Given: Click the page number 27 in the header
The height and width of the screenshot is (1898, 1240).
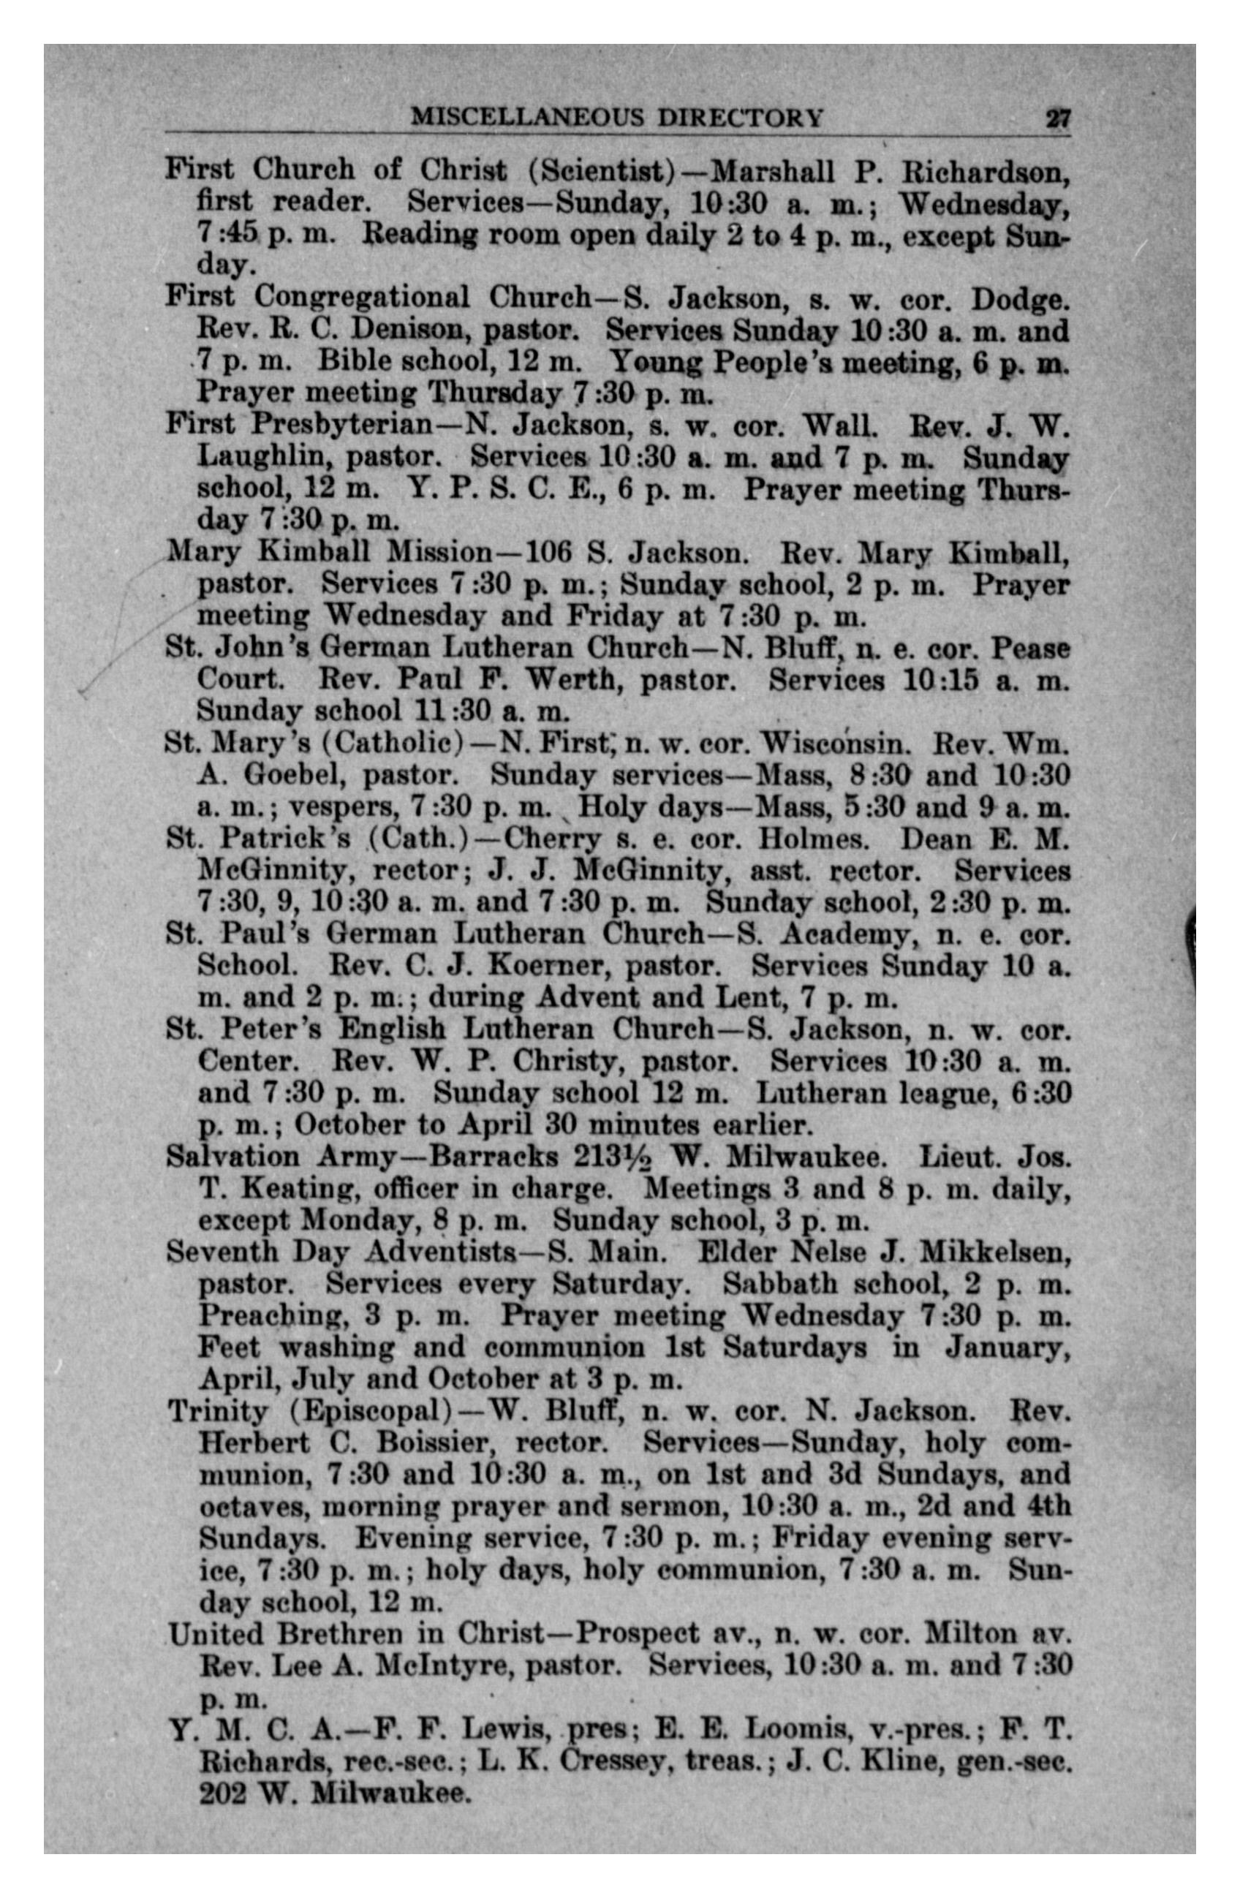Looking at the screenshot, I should pos(1057,119).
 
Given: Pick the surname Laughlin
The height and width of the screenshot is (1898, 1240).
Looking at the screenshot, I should pos(262,457).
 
